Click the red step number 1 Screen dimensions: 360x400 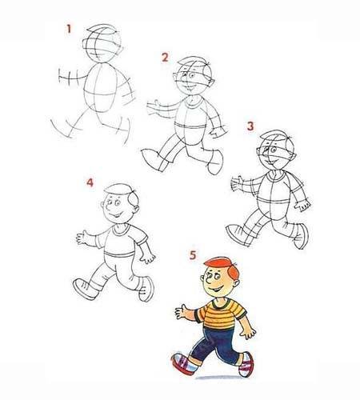point(69,29)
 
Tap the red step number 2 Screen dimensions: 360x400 point(165,58)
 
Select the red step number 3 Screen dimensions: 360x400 point(250,126)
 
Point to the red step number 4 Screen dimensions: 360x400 point(90,182)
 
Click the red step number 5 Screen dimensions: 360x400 point(193,255)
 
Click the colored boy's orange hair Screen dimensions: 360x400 point(223,266)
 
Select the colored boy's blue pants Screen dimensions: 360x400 point(216,345)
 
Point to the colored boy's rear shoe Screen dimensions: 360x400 point(246,365)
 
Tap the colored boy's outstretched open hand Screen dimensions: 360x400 point(182,311)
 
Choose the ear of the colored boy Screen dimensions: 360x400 point(236,283)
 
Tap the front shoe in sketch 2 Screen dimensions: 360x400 point(154,159)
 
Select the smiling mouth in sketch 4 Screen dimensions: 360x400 point(118,215)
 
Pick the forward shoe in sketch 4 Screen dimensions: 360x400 point(86,289)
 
